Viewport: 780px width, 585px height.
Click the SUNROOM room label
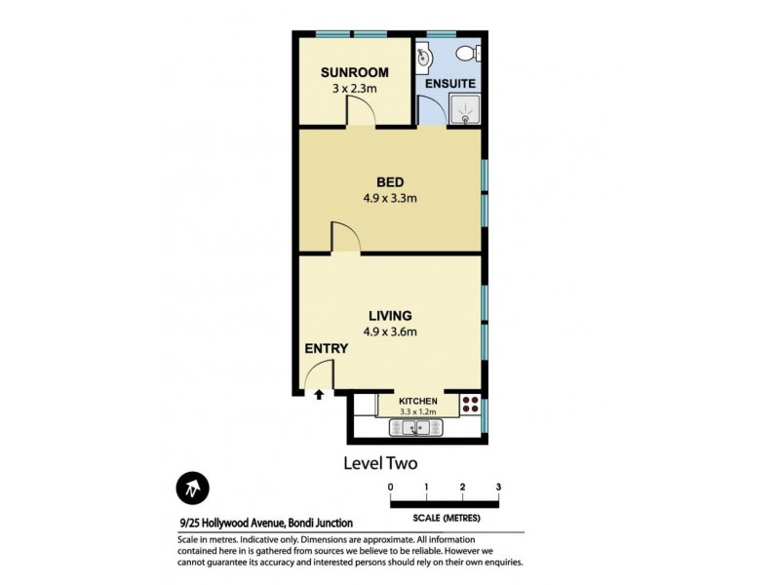tap(355, 72)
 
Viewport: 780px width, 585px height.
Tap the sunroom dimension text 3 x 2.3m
tap(355, 88)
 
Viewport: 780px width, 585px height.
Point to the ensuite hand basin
tap(425, 58)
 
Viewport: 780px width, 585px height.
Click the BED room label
tap(390, 182)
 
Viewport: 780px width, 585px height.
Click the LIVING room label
tap(390, 315)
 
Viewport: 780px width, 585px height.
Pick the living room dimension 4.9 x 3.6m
tap(390, 331)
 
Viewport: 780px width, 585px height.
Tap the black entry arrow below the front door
tap(319, 393)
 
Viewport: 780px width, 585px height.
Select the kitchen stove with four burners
tap(470, 406)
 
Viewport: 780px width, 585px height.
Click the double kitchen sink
tap(415, 426)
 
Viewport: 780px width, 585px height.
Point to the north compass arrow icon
tap(191, 487)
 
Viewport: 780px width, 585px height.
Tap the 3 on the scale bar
tap(498, 486)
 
